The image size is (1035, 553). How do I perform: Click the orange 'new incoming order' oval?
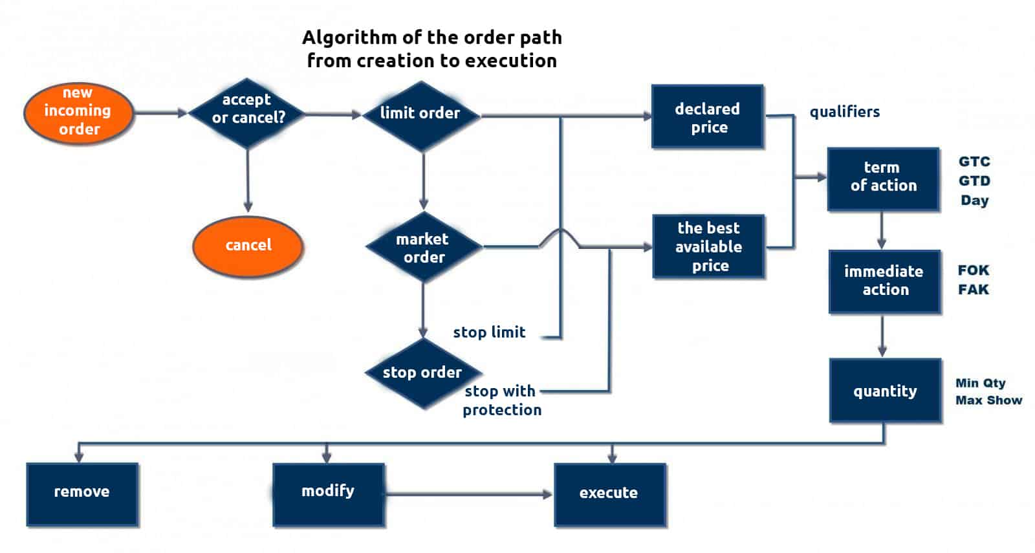click(x=79, y=112)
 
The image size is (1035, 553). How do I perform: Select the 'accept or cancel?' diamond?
click(x=247, y=113)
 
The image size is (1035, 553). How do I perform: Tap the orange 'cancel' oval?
click(x=248, y=246)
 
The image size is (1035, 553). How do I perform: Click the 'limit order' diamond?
click(x=421, y=114)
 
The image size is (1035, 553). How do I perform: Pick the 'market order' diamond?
click(x=424, y=247)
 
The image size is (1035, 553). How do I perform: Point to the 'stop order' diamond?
click(x=423, y=373)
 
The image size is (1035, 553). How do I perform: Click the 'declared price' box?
click(x=708, y=117)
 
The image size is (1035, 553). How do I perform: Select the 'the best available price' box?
click(x=709, y=246)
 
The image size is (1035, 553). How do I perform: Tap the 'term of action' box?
click(x=883, y=179)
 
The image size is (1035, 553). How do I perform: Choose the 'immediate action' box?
click(x=884, y=281)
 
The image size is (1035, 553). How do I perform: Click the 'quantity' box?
click(x=885, y=391)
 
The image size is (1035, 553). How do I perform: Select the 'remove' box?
click(x=82, y=493)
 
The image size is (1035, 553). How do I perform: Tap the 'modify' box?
click(x=329, y=493)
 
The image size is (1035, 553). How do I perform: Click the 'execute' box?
click(x=609, y=493)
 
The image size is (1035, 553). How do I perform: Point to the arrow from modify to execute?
click(x=468, y=494)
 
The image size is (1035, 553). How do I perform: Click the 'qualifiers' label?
click(x=845, y=112)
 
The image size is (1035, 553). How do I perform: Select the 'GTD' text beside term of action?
click(x=974, y=181)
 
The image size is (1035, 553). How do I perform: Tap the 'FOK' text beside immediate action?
click(x=974, y=270)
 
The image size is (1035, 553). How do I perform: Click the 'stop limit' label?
click(x=489, y=332)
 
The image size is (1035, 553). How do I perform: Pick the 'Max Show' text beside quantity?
click(x=989, y=400)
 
